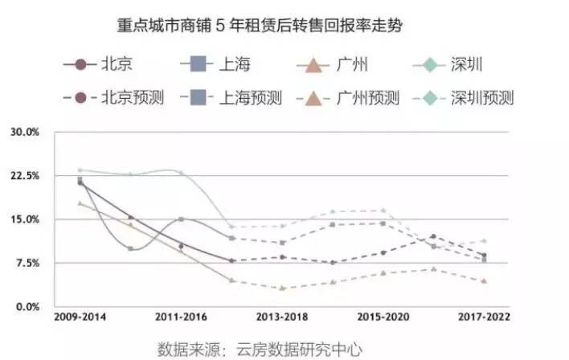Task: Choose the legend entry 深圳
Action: coord(466,64)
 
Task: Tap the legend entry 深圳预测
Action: coord(482,98)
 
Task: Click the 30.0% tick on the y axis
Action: coord(23,132)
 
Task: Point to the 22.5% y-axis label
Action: coord(23,175)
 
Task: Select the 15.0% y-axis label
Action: coord(23,219)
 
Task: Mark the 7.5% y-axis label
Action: coord(26,263)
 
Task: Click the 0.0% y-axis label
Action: coord(26,307)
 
